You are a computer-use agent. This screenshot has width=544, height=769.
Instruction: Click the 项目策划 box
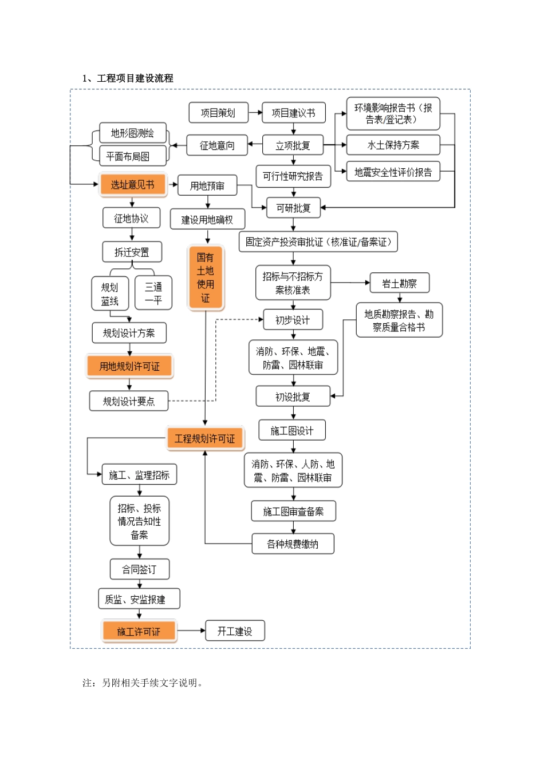click(218, 113)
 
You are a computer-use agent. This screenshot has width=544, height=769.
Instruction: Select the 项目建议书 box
click(293, 113)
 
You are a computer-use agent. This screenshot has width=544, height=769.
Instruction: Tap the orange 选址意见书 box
click(132, 184)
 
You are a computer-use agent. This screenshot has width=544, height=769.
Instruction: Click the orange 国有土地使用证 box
click(206, 278)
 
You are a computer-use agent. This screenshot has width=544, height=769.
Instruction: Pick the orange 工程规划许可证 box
click(205, 438)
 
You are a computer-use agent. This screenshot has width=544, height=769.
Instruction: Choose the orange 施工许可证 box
click(139, 631)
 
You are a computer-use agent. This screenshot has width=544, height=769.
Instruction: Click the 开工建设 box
click(235, 631)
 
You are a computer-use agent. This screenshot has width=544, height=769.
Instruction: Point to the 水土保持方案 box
click(393, 145)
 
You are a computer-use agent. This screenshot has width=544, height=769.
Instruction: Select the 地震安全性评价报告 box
click(393, 172)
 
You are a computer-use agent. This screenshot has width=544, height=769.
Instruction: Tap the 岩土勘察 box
click(399, 283)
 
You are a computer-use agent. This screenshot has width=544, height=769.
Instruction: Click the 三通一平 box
click(153, 293)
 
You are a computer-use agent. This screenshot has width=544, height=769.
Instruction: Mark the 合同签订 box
click(139, 569)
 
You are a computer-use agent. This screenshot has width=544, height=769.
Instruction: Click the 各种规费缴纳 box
click(293, 544)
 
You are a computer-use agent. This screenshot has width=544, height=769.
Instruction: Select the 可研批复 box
click(293, 208)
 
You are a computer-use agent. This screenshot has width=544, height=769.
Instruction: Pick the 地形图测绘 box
click(132, 133)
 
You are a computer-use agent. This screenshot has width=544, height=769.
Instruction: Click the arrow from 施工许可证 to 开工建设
click(191, 631)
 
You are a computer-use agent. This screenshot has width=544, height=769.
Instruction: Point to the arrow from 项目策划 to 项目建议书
click(255, 113)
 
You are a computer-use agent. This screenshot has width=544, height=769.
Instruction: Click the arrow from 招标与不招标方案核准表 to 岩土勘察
click(350, 283)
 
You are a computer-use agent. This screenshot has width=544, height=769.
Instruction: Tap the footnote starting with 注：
click(143, 682)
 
